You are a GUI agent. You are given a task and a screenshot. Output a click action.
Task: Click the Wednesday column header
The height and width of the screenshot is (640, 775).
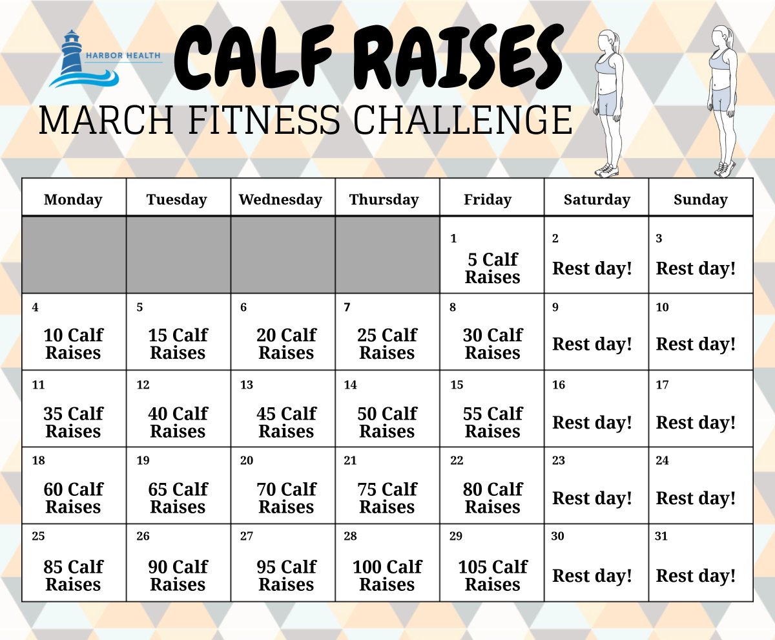[280, 200]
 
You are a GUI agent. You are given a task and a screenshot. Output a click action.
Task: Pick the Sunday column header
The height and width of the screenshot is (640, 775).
[700, 200]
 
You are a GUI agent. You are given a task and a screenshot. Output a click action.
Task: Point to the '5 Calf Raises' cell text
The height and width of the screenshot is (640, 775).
[492, 268]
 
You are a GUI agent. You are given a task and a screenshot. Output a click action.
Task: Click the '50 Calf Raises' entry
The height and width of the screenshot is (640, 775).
[387, 422]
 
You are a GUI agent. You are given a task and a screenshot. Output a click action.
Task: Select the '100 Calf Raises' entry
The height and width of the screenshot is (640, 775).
[387, 575]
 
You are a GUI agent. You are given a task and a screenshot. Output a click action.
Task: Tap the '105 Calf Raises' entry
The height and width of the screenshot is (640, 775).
[492, 575]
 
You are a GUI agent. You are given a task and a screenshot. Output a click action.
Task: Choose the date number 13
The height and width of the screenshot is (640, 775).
[246, 385]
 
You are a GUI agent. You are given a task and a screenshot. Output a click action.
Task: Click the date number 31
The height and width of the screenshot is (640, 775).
[661, 536]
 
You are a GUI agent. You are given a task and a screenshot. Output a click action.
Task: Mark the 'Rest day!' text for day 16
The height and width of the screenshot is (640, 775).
[592, 423]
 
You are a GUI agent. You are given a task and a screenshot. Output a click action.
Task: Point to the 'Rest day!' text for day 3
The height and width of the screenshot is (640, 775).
[696, 269]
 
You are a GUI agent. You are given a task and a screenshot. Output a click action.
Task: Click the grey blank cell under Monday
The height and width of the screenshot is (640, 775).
[74, 255]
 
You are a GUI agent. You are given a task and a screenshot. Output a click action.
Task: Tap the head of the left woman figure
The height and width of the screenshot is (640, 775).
[608, 41]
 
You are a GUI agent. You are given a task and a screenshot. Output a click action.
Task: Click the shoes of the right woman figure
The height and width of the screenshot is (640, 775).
[725, 169]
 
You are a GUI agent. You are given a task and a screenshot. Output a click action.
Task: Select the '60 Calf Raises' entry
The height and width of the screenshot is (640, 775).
[73, 498]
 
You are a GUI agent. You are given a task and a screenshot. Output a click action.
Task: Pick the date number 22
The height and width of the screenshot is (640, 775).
[457, 460]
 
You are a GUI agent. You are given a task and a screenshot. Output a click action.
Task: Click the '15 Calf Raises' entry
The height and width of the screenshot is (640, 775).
[178, 344]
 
